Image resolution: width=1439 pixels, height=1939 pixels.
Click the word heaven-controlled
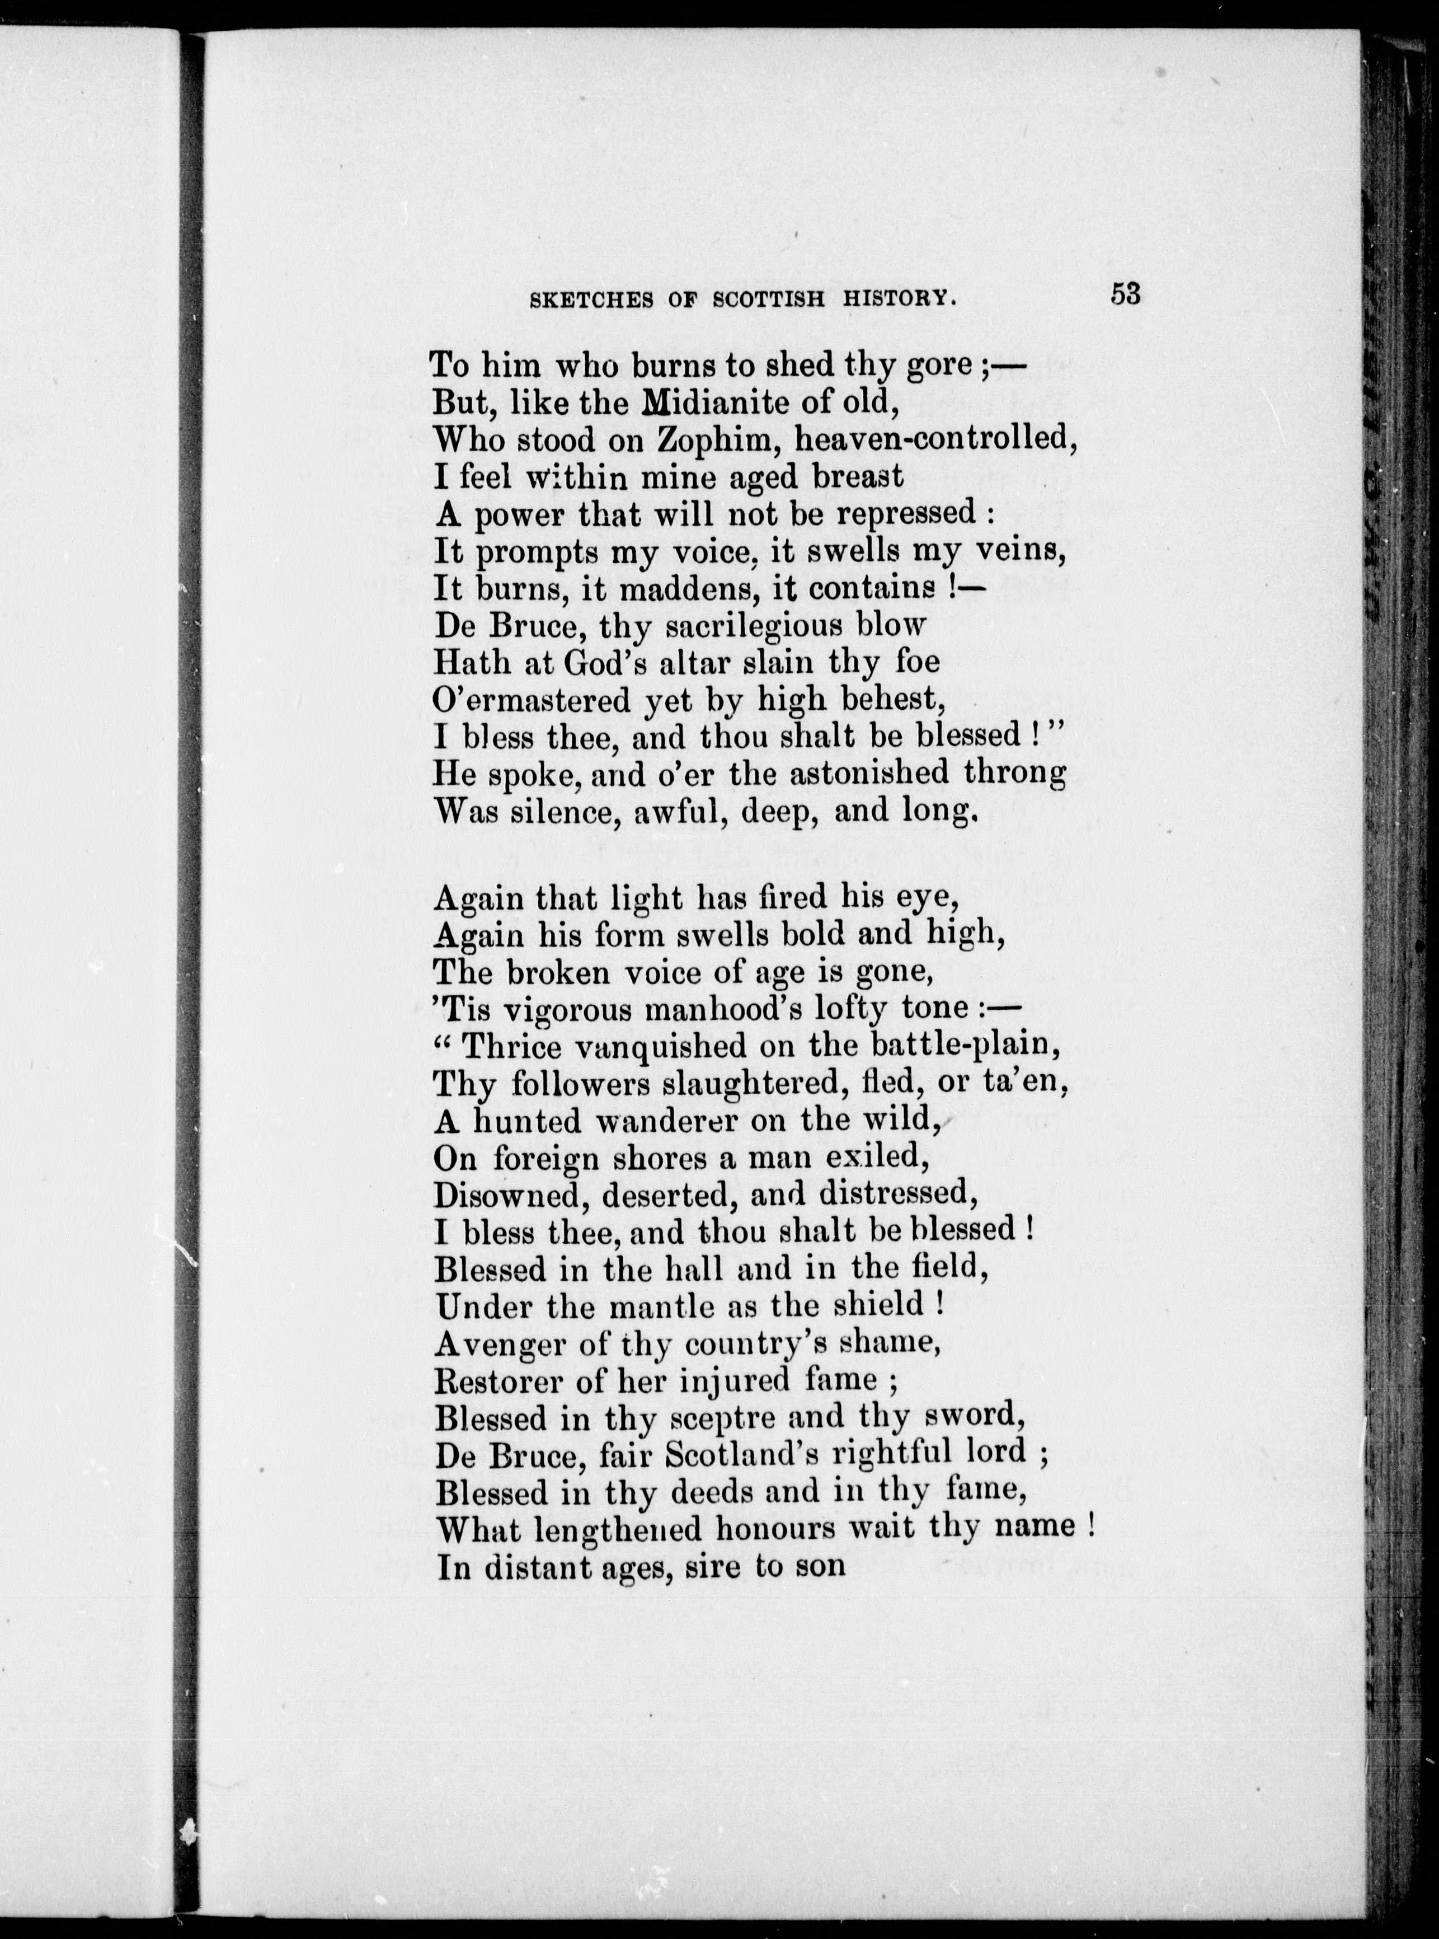pyautogui.click(x=933, y=438)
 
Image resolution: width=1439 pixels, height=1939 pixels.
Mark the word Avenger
pyautogui.click(x=499, y=1343)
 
